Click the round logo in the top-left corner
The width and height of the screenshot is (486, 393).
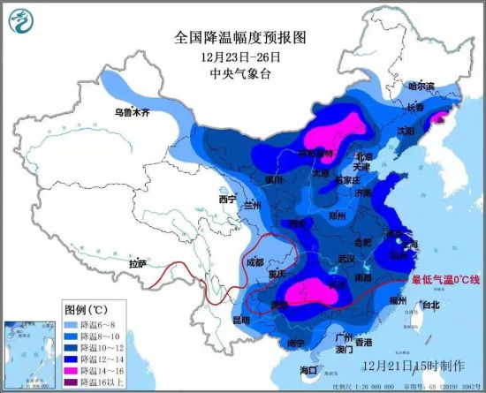17,18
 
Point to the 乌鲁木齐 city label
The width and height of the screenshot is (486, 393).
132,113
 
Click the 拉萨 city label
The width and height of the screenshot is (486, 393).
137,263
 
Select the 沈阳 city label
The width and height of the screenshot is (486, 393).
406,130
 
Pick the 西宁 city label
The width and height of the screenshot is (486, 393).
228,199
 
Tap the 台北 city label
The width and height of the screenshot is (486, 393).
429,306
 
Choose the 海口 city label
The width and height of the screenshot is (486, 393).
308,369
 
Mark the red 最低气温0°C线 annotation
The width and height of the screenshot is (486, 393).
444,280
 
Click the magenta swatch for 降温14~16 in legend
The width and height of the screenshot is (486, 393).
73,365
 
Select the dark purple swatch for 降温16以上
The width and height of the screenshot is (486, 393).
73,376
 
